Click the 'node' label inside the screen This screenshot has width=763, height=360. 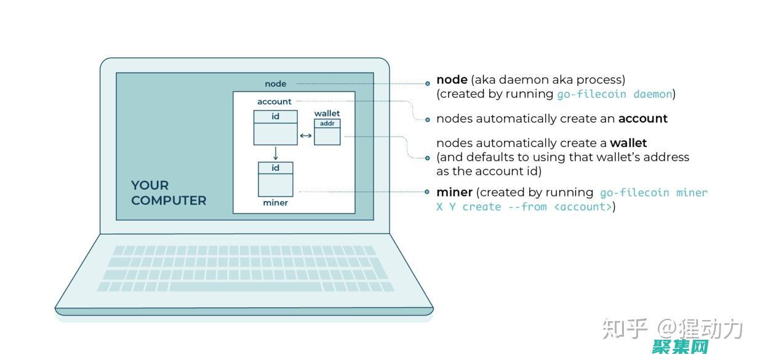coord(275,84)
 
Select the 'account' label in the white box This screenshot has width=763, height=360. coord(274,102)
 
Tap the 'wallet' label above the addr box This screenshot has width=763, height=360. coord(327,113)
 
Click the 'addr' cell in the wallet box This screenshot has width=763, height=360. coord(327,123)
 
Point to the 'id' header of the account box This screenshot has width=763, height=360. coord(275,116)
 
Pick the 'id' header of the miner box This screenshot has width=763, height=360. coord(275,168)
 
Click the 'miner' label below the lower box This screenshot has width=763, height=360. coord(275,202)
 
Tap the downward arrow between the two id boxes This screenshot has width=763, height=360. coord(275,153)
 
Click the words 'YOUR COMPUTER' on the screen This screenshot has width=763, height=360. coord(168,193)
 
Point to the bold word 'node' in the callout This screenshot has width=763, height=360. coord(452,79)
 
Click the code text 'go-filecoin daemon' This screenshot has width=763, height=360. coord(614,94)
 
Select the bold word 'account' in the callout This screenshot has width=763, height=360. coord(642,118)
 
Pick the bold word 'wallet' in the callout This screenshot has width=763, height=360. coord(628,143)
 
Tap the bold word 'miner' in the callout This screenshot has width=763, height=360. coord(454,192)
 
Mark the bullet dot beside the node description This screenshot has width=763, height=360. coord(428,83)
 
